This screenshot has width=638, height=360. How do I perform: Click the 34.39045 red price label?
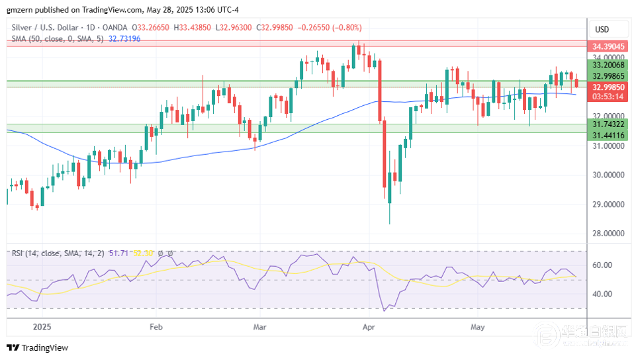pyautogui.click(x=608, y=47)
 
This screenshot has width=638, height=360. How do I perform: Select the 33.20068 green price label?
pyautogui.click(x=608, y=66)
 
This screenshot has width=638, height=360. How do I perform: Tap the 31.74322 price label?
pyautogui.click(x=608, y=124)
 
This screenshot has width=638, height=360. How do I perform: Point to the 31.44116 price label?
pyautogui.click(x=608, y=135)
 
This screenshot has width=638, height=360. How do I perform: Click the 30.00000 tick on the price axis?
pyautogui.click(x=609, y=175)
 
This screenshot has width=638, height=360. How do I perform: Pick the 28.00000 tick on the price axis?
pyautogui.click(x=609, y=234)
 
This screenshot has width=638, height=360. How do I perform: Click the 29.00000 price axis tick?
pyautogui.click(x=609, y=204)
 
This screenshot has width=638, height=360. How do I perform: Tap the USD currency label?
pyautogui.click(x=602, y=30)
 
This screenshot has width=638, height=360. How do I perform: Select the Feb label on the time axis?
pyautogui.click(x=156, y=327)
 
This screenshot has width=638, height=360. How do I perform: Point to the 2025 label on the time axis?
pyautogui.click(x=41, y=327)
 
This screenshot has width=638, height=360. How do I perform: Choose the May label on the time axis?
pyautogui.click(x=477, y=327)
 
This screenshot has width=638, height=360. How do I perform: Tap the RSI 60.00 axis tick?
pyautogui.click(x=604, y=265)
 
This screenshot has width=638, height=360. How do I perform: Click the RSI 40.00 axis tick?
pyautogui.click(x=604, y=294)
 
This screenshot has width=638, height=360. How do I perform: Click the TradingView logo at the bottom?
pyautogui.click(x=38, y=348)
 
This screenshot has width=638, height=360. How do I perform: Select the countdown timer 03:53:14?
pyautogui.click(x=608, y=97)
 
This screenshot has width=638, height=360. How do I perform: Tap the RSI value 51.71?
pyautogui.click(x=121, y=253)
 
